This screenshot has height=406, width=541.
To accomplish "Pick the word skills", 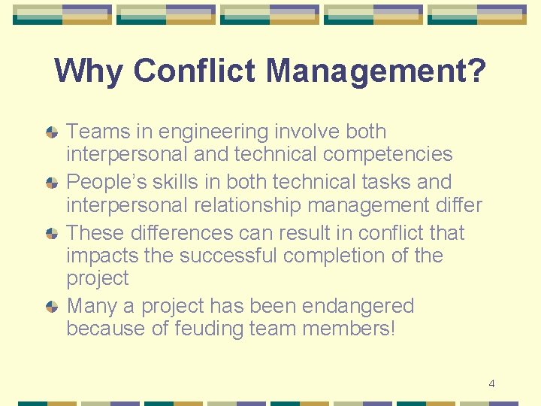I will (x=165, y=182).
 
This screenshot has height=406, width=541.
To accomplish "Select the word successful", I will (x=233, y=256).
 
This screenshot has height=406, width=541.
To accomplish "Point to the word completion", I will (x=343, y=256).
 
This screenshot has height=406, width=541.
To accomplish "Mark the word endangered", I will (x=357, y=307).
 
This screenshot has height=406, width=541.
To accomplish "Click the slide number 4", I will (x=491, y=383).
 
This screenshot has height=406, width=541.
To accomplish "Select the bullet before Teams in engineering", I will (x=52, y=132).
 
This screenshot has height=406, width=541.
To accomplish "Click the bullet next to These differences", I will (x=52, y=234).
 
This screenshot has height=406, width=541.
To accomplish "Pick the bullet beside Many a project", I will (x=52, y=307).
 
